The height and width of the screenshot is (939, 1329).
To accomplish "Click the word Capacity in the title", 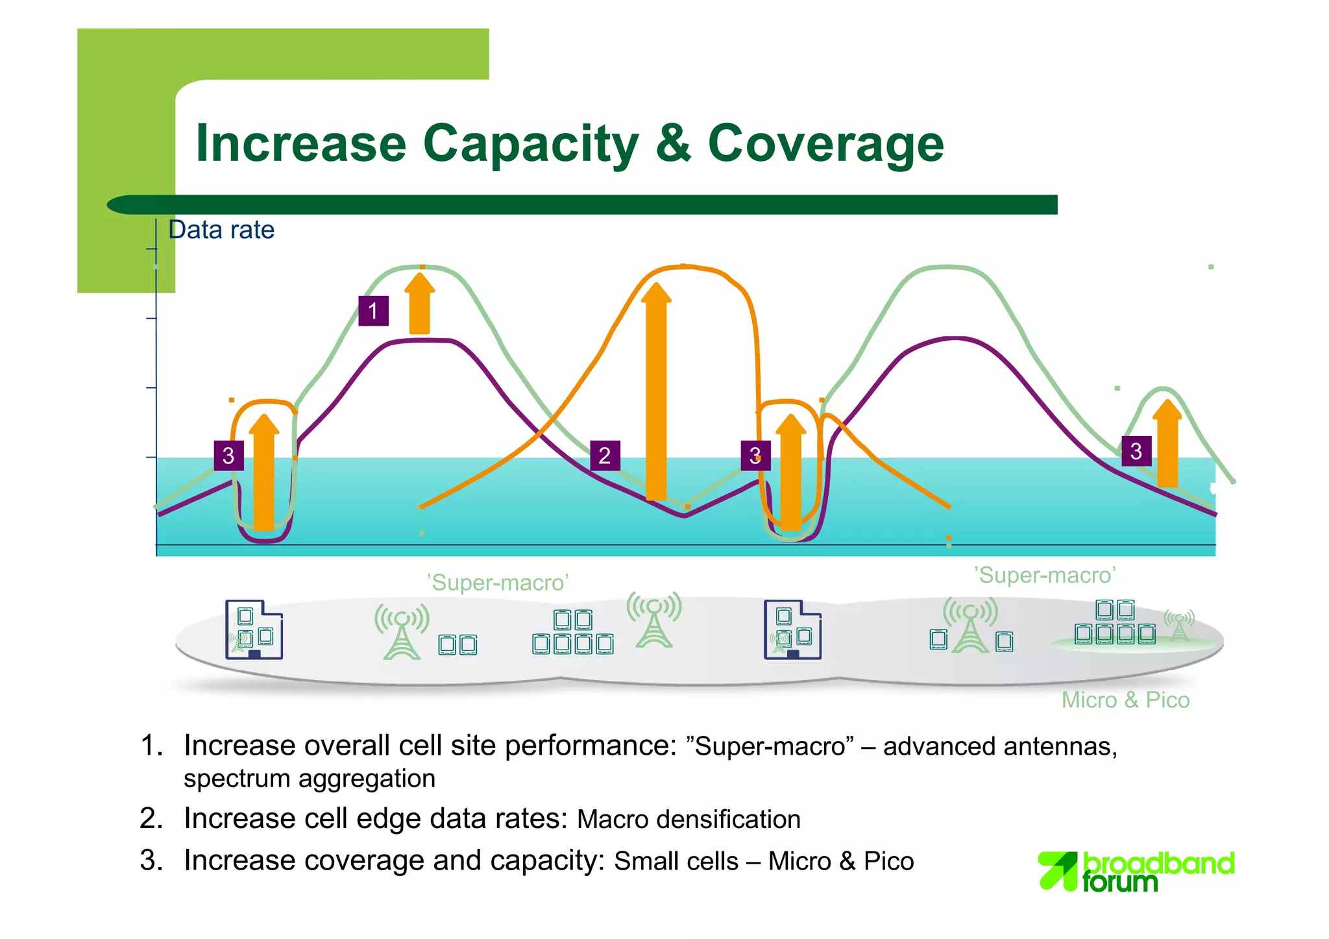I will click(530, 144).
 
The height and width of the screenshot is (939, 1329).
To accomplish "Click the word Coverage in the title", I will click(825, 144).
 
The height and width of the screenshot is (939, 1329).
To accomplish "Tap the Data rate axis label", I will click(221, 230).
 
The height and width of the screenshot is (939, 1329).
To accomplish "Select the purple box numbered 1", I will click(373, 311).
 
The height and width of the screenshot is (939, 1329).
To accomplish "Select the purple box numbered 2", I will click(604, 455).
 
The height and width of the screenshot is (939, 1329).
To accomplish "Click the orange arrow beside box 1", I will click(420, 304).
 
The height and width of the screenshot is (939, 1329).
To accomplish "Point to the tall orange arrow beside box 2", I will click(656, 389).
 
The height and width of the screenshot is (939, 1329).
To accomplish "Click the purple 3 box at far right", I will click(1136, 451).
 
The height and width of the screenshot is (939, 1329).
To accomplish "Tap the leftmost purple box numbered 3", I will click(228, 455).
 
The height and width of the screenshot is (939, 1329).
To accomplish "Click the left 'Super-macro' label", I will click(498, 582).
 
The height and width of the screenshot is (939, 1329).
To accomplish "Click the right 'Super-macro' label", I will click(1045, 575).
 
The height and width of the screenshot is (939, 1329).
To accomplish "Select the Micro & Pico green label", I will click(1125, 700).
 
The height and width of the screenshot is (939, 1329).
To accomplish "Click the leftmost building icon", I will click(253, 629).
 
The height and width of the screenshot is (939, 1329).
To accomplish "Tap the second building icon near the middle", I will click(792, 629).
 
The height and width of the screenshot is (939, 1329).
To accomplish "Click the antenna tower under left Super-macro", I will click(402, 631).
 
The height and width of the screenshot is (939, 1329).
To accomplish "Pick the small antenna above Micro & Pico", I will click(1178, 625).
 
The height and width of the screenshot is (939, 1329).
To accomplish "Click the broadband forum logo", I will click(1136, 871).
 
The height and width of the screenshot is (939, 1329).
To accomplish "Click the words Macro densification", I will click(689, 819).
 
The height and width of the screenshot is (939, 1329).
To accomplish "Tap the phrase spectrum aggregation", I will click(310, 779).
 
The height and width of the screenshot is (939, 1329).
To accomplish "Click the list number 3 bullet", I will click(151, 860).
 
